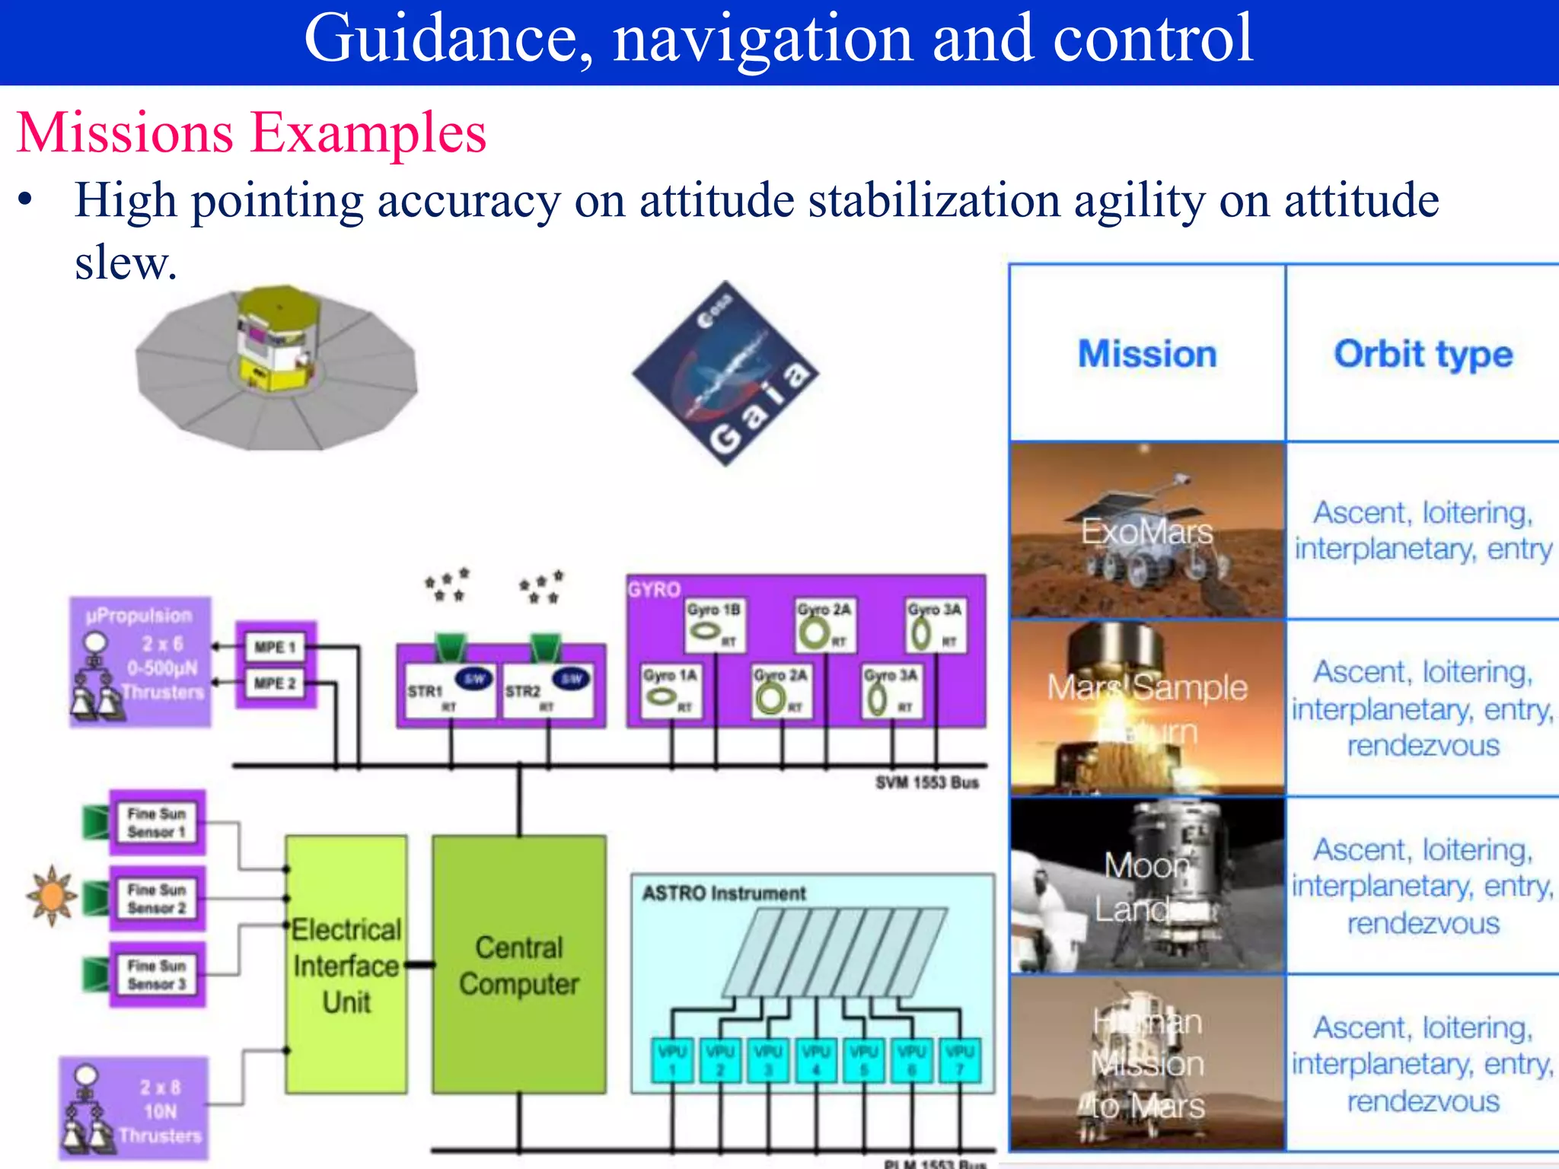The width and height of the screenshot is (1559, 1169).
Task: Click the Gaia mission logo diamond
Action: click(x=725, y=373)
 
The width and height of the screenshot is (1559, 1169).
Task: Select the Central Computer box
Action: click(x=519, y=964)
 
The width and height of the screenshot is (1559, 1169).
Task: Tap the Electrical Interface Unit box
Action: click(x=346, y=964)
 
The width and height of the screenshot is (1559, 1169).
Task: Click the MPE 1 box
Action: click(x=276, y=647)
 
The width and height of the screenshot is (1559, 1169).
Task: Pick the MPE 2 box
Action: click(x=276, y=683)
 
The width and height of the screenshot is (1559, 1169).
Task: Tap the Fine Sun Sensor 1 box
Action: click(x=157, y=823)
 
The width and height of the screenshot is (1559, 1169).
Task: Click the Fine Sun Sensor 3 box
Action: click(x=157, y=975)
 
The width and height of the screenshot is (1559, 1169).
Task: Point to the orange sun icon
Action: click(x=52, y=896)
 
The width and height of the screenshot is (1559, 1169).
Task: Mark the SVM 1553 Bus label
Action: click(x=926, y=782)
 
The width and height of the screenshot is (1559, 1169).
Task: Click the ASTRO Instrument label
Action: click(x=723, y=893)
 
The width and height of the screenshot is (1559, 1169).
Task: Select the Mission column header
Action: click(x=1147, y=354)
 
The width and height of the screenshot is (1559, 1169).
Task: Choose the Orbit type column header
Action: click(x=1423, y=354)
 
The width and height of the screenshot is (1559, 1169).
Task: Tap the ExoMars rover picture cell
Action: click(x=1147, y=530)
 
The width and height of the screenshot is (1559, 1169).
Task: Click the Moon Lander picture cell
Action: click(x=1147, y=885)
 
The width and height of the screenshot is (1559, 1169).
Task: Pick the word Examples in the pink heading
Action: click(x=368, y=133)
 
